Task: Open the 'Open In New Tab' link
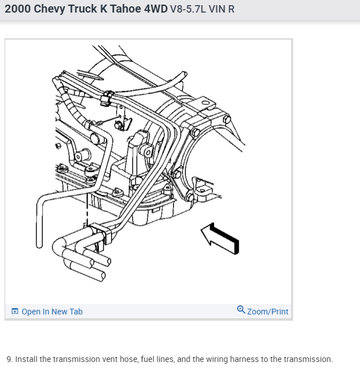click(x=52, y=312)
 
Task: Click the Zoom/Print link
click(x=267, y=312)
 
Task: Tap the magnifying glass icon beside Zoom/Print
click(x=241, y=310)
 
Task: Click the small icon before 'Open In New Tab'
click(x=15, y=312)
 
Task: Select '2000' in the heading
click(x=18, y=9)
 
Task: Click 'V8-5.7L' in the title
click(x=188, y=9)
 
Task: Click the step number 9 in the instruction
click(x=9, y=359)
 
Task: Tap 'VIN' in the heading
click(x=220, y=9)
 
